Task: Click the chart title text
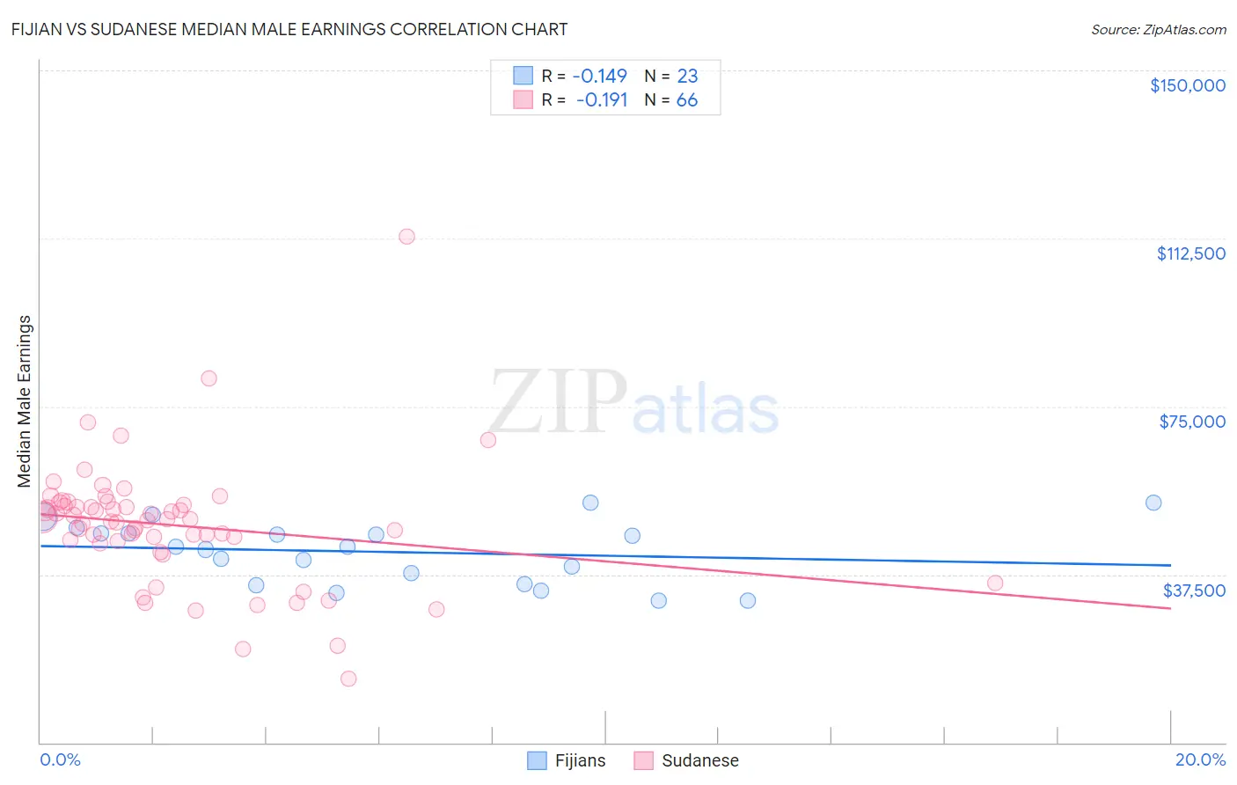click(x=289, y=29)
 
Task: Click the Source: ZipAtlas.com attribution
click(x=1158, y=29)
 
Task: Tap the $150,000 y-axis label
click(x=1187, y=85)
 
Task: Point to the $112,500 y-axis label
click(x=1189, y=253)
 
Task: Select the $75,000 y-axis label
click(x=1191, y=422)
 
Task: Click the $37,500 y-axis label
click(x=1193, y=591)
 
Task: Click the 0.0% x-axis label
click(x=60, y=759)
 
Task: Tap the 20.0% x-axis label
click(x=1200, y=759)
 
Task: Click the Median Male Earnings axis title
click(x=25, y=401)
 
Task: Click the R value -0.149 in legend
click(x=599, y=76)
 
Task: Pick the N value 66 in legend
click(x=686, y=100)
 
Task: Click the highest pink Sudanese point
click(x=406, y=236)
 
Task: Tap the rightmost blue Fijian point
click(x=1153, y=503)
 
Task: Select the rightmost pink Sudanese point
click(x=995, y=583)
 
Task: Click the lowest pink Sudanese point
click(x=348, y=679)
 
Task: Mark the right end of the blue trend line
click(x=1170, y=565)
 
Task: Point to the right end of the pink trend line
click(x=1170, y=608)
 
